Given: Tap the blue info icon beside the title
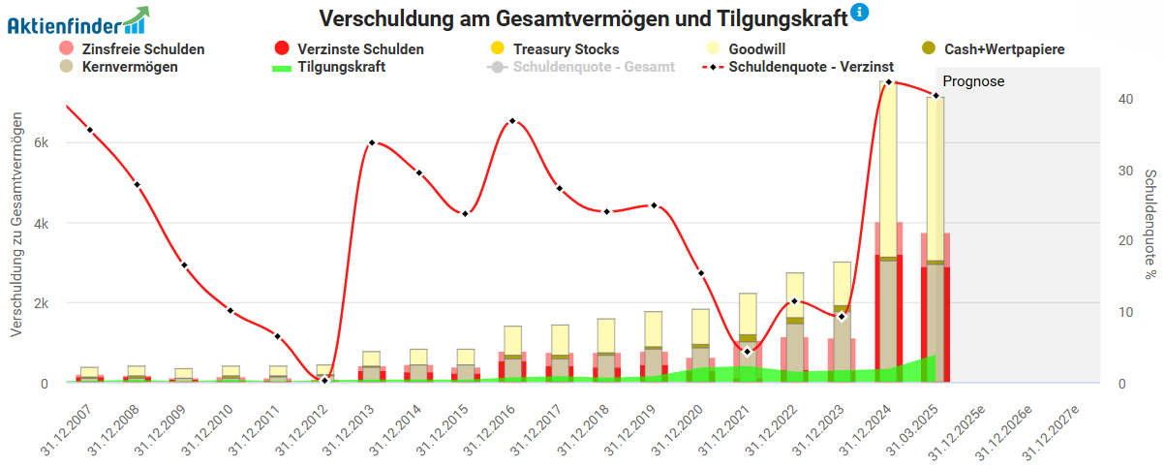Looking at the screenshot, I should (x=859, y=13).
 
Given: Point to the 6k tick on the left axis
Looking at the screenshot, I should (x=41, y=142).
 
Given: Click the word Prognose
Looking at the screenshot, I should (x=973, y=82).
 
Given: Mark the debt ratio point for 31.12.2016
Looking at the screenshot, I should (x=512, y=121).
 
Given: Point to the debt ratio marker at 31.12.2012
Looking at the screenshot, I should (x=325, y=380).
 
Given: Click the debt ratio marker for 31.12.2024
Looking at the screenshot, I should (x=889, y=82).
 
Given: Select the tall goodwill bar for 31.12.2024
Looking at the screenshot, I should (x=889, y=155).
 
